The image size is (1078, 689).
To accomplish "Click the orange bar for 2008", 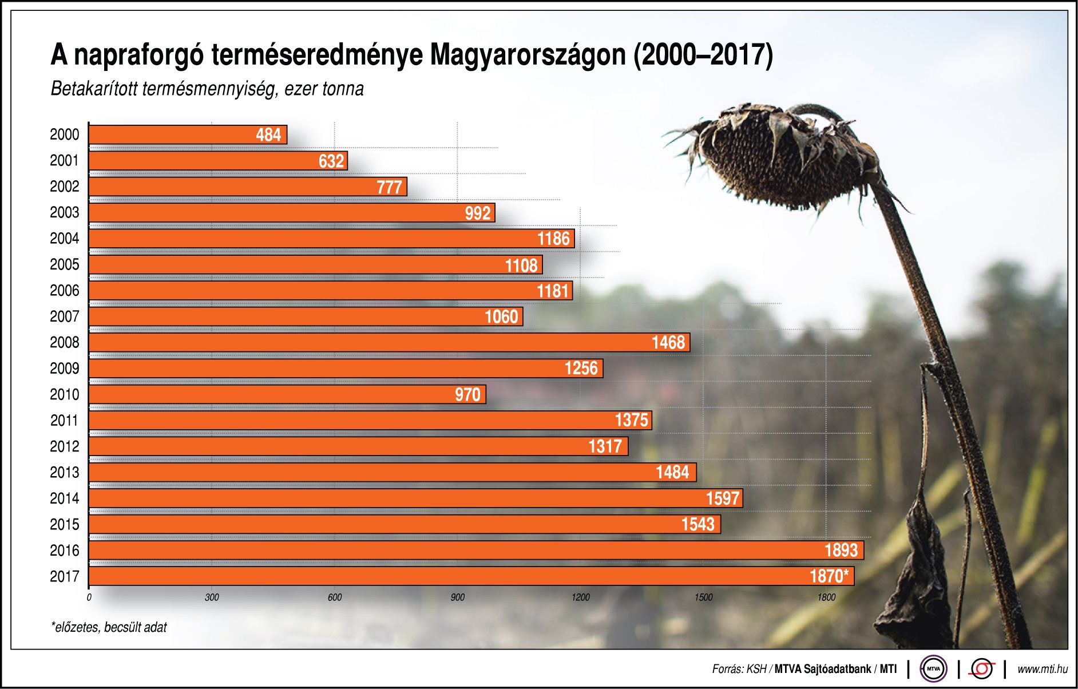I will pyautogui.click(x=389, y=342).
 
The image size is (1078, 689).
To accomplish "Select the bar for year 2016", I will pyautogui.click(x=475, y=551).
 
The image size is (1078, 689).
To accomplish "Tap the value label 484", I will pyautogui.click(x=268, y=135).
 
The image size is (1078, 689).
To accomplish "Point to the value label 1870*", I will pyautogui.click(x=829, y=576).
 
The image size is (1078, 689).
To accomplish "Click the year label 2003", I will pyautogui.click(x=64, y=213).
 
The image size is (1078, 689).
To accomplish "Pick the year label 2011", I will pyautogui.click(x=64, y=421).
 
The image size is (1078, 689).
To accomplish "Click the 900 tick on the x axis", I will pyautogui.click(x=457, y=597).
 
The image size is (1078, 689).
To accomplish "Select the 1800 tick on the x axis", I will pyautogui.click(x=826, y=597).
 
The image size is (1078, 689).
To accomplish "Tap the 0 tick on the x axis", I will pyautogui.click(x=89, y=597).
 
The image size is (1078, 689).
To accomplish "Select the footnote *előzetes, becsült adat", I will pyautogui.click(x=109, y=627).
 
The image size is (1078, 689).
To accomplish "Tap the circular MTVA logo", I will pyautogui.click(x=933, y=668).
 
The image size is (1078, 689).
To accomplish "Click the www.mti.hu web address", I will pyautogui.click(x=1042, y=669).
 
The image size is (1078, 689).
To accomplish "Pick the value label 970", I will pyautogui.click(x=467, y=395).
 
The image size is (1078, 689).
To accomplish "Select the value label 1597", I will pyautogui.click(x=723, y=498).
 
